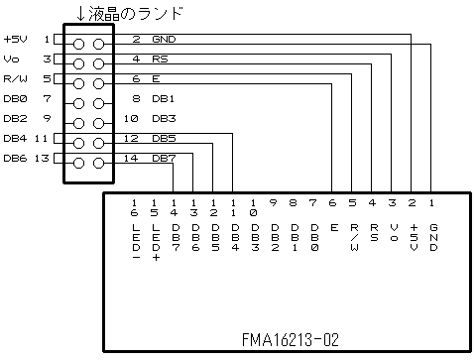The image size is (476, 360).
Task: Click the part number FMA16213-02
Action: click(290, 339)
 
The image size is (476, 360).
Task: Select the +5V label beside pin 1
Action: click(16, 40)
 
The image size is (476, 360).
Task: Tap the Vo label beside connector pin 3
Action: click(11, 60)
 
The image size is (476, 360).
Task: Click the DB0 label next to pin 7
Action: click(15, 99)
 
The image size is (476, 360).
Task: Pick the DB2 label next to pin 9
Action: click(15, 119)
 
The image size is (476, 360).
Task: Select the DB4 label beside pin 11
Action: click(15, 139)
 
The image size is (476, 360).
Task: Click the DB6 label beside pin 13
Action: click(15, 159)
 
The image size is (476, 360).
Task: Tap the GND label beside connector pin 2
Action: click(164, 40)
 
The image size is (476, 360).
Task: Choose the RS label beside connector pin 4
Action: click(159, 60)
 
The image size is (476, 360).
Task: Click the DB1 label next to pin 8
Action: click(164, 99)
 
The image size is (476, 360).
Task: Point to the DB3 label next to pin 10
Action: click(164, 119)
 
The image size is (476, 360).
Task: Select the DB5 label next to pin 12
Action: click(164, 139)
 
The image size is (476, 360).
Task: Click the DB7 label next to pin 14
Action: click(164, 159)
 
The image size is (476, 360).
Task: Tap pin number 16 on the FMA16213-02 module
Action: click(135, 207)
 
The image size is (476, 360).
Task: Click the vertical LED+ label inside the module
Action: click(155, 243)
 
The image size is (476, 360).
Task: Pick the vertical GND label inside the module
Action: click(432, 238)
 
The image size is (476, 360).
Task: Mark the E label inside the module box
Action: click(333, 227)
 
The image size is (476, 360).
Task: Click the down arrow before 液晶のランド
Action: click(81, 14)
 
